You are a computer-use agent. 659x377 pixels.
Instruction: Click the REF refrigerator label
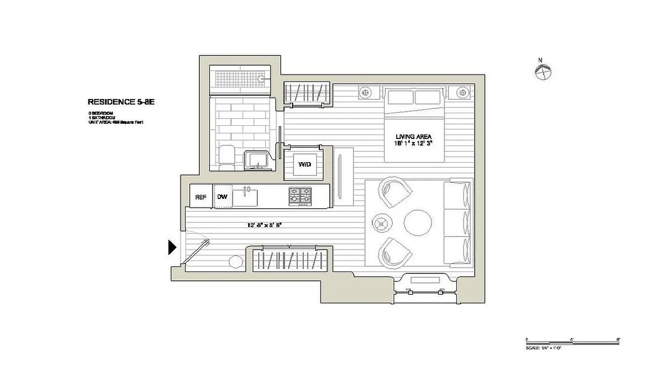(201, 197)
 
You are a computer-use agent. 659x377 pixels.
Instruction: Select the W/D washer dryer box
(304, 164)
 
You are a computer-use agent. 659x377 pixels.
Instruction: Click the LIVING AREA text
(413, 136)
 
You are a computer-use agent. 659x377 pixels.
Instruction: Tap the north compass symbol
(543, 72)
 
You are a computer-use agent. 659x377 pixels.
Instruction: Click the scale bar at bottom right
(572, 340)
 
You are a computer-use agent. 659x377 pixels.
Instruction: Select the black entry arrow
(172, 247)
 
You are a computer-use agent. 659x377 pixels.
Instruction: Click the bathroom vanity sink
(256, 160)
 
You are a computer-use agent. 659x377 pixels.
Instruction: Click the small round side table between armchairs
(381, 222)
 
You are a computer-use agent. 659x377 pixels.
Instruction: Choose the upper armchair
(395, 191)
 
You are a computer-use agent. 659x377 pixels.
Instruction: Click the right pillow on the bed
(428, 97)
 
